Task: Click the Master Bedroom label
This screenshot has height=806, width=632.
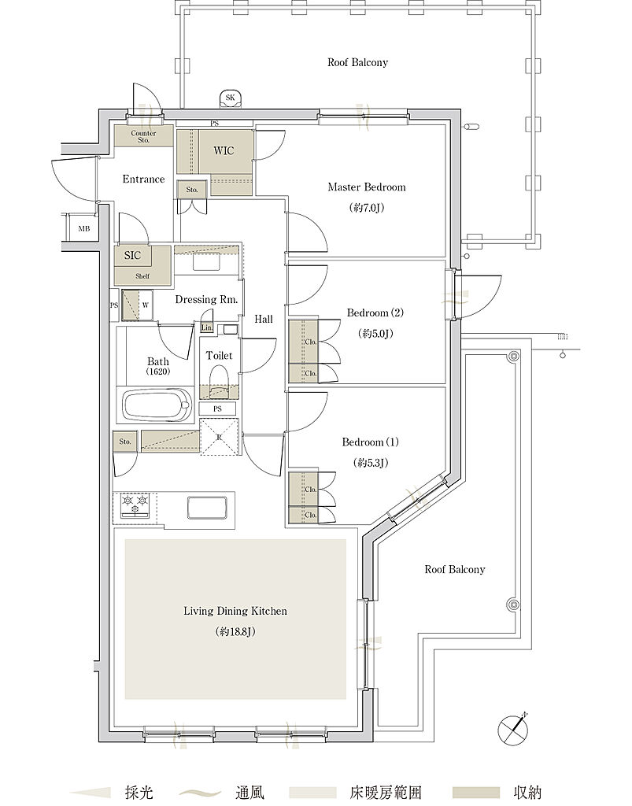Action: click(366, 187)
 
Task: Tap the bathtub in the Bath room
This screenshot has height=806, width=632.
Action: click(156, 405)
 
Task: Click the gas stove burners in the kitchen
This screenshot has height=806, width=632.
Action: click(135, 505)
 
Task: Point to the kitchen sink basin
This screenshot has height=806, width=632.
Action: click(207, 508)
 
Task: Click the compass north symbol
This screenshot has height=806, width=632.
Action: click(513, 729)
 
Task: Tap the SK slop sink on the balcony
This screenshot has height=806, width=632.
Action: click(230, 98)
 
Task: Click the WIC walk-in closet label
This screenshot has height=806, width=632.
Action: click(224, 150)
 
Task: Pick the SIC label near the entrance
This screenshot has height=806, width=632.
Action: click(132, 255)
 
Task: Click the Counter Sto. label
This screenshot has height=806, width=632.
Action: click(143, 136)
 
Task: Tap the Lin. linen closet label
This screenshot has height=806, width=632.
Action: click(206, 327)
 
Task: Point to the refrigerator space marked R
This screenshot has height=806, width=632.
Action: click(220, 437)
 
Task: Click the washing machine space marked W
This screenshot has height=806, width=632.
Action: click(146, 305)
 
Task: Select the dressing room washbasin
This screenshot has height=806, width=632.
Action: click(206, 262)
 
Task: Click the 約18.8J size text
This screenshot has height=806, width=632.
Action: click(235, 632)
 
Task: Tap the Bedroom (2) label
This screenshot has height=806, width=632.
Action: click(375, 312)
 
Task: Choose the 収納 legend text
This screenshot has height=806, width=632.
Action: click(527, 792)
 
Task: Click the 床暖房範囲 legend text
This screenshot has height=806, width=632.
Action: click(386, 792)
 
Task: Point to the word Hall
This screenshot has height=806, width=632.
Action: click(264, 320)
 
